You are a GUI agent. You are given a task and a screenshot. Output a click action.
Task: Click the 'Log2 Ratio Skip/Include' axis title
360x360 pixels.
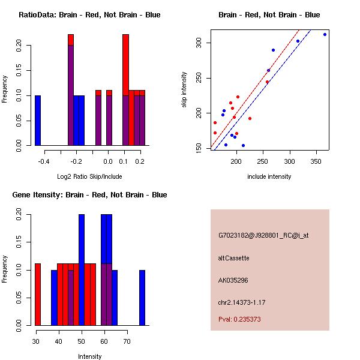89,176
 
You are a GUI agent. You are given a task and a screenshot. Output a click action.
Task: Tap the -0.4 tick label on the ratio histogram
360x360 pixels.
44,161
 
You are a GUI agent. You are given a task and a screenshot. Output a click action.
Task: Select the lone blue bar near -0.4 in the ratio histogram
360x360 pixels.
38,120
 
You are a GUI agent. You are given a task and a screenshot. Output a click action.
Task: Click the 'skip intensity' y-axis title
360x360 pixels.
184,90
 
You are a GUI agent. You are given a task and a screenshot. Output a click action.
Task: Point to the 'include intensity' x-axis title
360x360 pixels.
269,176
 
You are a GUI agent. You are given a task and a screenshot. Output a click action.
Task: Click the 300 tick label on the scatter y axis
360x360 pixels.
199,43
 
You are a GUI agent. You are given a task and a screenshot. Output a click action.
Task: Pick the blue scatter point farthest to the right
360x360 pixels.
325,34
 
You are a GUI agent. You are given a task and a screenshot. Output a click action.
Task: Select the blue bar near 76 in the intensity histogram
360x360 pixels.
142,298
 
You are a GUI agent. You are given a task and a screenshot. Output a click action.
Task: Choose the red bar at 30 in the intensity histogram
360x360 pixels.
38,295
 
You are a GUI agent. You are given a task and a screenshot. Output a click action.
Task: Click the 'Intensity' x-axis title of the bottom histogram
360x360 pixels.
89,356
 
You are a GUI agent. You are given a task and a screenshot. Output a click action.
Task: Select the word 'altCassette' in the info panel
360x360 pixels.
233,258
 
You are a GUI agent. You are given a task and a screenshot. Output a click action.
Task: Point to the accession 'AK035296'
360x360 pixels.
233,280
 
